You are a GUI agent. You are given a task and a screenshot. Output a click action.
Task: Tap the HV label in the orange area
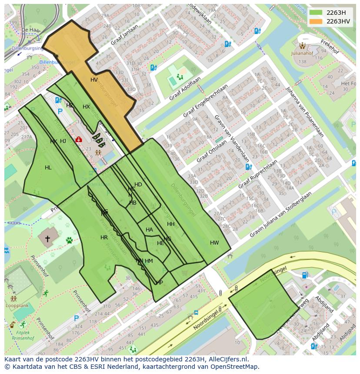click(x=94, y=80)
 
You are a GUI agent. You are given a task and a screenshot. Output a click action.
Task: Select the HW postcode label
click(x=214, y=243)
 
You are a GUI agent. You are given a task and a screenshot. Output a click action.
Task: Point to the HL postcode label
click(x=48, y=168)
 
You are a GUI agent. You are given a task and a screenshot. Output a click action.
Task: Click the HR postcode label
click(x=104, y=238)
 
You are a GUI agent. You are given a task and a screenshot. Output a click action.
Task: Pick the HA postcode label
click(x=149, y=230)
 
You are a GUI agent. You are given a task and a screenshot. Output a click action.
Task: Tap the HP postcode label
click(x=160, y=283)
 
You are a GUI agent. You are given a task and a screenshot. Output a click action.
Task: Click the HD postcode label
click(x=138, y=185)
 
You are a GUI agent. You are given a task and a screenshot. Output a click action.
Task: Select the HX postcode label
click(x=86, y=107)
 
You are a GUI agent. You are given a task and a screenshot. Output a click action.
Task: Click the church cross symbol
click(x=47, y=238)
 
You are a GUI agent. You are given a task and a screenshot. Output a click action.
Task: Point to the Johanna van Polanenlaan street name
click(x=304, y=112)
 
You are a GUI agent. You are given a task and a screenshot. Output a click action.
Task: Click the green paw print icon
click(x=69, y=240)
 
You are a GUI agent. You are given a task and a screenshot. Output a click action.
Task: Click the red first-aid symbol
click(x=79, y=139)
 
